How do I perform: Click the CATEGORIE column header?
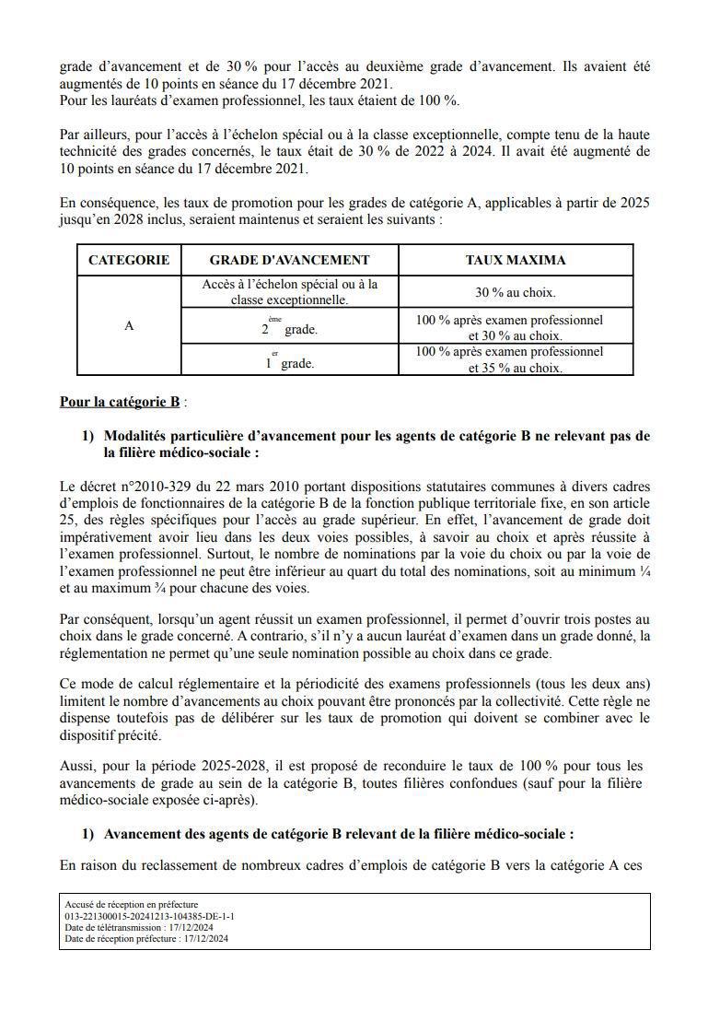[x=129, y=260]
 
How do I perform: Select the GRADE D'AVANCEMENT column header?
[x=289, y=260]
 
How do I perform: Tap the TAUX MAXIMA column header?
[x=516, y=260]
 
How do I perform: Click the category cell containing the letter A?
[x=129, y=325]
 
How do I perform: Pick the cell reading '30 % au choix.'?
[x=516, y=293]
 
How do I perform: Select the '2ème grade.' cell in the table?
[x=289, y=326]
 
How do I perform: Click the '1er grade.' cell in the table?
[x=289, y=360]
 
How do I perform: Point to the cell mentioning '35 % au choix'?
[x=516, y=368]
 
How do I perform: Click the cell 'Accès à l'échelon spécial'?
[x=289, y=292]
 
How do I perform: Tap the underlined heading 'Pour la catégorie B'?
[x=120, y=402]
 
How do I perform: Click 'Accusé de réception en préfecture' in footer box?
[x=132, y=905]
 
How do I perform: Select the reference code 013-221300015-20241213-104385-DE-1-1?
[x=149, y=917]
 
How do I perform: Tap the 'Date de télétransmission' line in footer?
[x=138, y=928]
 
